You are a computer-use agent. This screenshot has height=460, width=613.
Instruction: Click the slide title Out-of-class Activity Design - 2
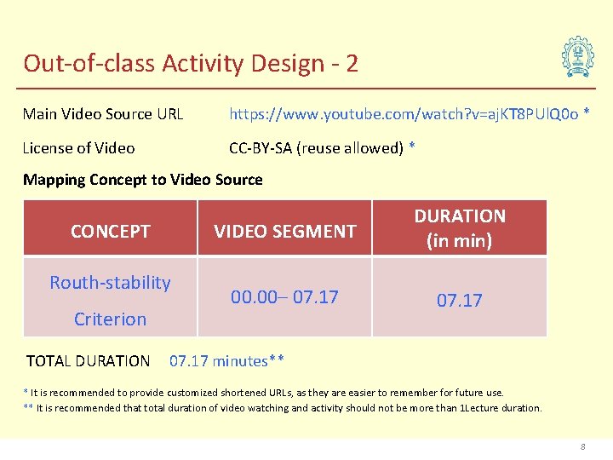[x=190, y=63]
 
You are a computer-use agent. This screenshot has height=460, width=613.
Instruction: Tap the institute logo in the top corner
[x=577, y=57]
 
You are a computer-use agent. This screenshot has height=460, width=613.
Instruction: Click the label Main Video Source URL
[x=103, y=114]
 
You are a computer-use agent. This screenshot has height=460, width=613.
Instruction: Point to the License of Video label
[x=78, y=148]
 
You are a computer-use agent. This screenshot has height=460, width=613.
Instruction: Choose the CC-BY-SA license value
[x=318, y=148]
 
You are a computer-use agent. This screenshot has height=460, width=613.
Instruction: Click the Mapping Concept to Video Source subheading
[x=143, y=180]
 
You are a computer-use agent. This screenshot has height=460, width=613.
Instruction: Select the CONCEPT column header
[x=111, y=231]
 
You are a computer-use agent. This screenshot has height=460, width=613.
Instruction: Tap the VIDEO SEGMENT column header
[x=284, y=231]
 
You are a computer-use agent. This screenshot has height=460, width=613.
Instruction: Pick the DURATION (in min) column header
[x=460, y=228]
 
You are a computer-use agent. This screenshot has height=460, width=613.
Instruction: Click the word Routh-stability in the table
[x=111, y=283]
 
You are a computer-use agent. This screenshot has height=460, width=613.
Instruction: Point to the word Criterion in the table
[x=111, y=319]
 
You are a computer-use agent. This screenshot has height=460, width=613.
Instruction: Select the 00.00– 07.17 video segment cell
[x=284, y=297]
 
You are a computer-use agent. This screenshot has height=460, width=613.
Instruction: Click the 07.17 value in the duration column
[x=460, y=301]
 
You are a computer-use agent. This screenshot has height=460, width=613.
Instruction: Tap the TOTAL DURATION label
[x=88, y=361]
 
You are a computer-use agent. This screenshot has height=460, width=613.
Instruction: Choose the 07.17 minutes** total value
[x=226, y=361]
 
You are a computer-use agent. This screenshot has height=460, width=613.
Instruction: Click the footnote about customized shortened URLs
[x=264, y=393]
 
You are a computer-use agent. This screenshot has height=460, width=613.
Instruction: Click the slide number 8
[x=582, y=446]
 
